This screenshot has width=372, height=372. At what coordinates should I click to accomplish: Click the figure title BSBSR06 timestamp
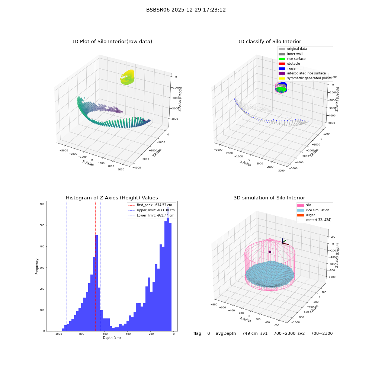186,10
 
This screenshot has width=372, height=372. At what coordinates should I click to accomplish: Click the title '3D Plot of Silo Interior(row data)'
112,42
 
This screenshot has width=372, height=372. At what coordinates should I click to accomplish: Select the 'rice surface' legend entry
292,59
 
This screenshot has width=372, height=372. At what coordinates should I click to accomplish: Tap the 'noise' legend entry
287,68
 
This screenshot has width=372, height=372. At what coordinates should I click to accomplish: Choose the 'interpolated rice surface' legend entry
302,73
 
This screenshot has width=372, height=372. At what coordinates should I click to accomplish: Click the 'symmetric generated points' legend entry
305,78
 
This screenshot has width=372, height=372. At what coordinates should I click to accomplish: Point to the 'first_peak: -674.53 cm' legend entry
150,205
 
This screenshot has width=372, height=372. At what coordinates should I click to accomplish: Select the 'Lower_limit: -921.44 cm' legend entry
151,215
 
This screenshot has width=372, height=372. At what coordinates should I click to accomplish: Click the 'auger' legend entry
306,215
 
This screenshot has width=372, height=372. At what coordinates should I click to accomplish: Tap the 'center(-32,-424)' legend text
319,220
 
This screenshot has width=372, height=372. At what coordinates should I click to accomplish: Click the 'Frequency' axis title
37,266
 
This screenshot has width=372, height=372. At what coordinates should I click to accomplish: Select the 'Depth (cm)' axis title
112,338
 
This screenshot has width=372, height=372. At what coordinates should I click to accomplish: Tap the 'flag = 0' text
202,333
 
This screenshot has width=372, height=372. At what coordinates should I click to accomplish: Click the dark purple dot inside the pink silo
270,252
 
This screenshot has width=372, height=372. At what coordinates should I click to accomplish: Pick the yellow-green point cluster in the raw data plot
128,77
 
